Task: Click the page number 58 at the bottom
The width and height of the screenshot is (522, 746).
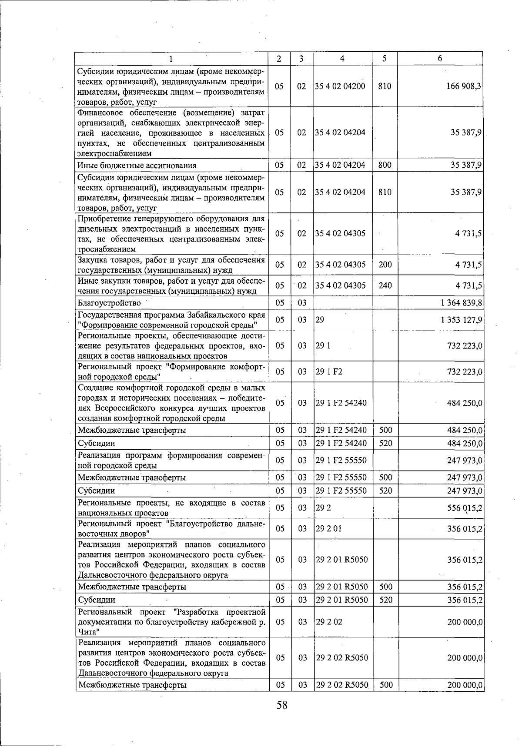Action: tap(281, 705)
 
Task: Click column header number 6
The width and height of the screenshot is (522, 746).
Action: tap(440, 59)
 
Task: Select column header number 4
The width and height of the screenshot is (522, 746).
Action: tap(342, 59)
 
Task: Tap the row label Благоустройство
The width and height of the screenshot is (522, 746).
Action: tap(109, 302)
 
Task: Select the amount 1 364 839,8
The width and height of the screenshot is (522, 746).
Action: tap(460, 302)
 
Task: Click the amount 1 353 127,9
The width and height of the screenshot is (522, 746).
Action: tap(460, 320)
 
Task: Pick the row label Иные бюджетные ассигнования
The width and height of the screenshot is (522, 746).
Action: tap(137, 165)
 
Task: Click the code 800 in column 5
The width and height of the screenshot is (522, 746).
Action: tap(385, 165)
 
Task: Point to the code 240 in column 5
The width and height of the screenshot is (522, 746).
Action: tap(385, 285)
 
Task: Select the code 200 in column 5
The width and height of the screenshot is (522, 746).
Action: tap(385, 265)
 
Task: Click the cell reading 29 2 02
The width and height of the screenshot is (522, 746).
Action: tap(329, 622)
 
